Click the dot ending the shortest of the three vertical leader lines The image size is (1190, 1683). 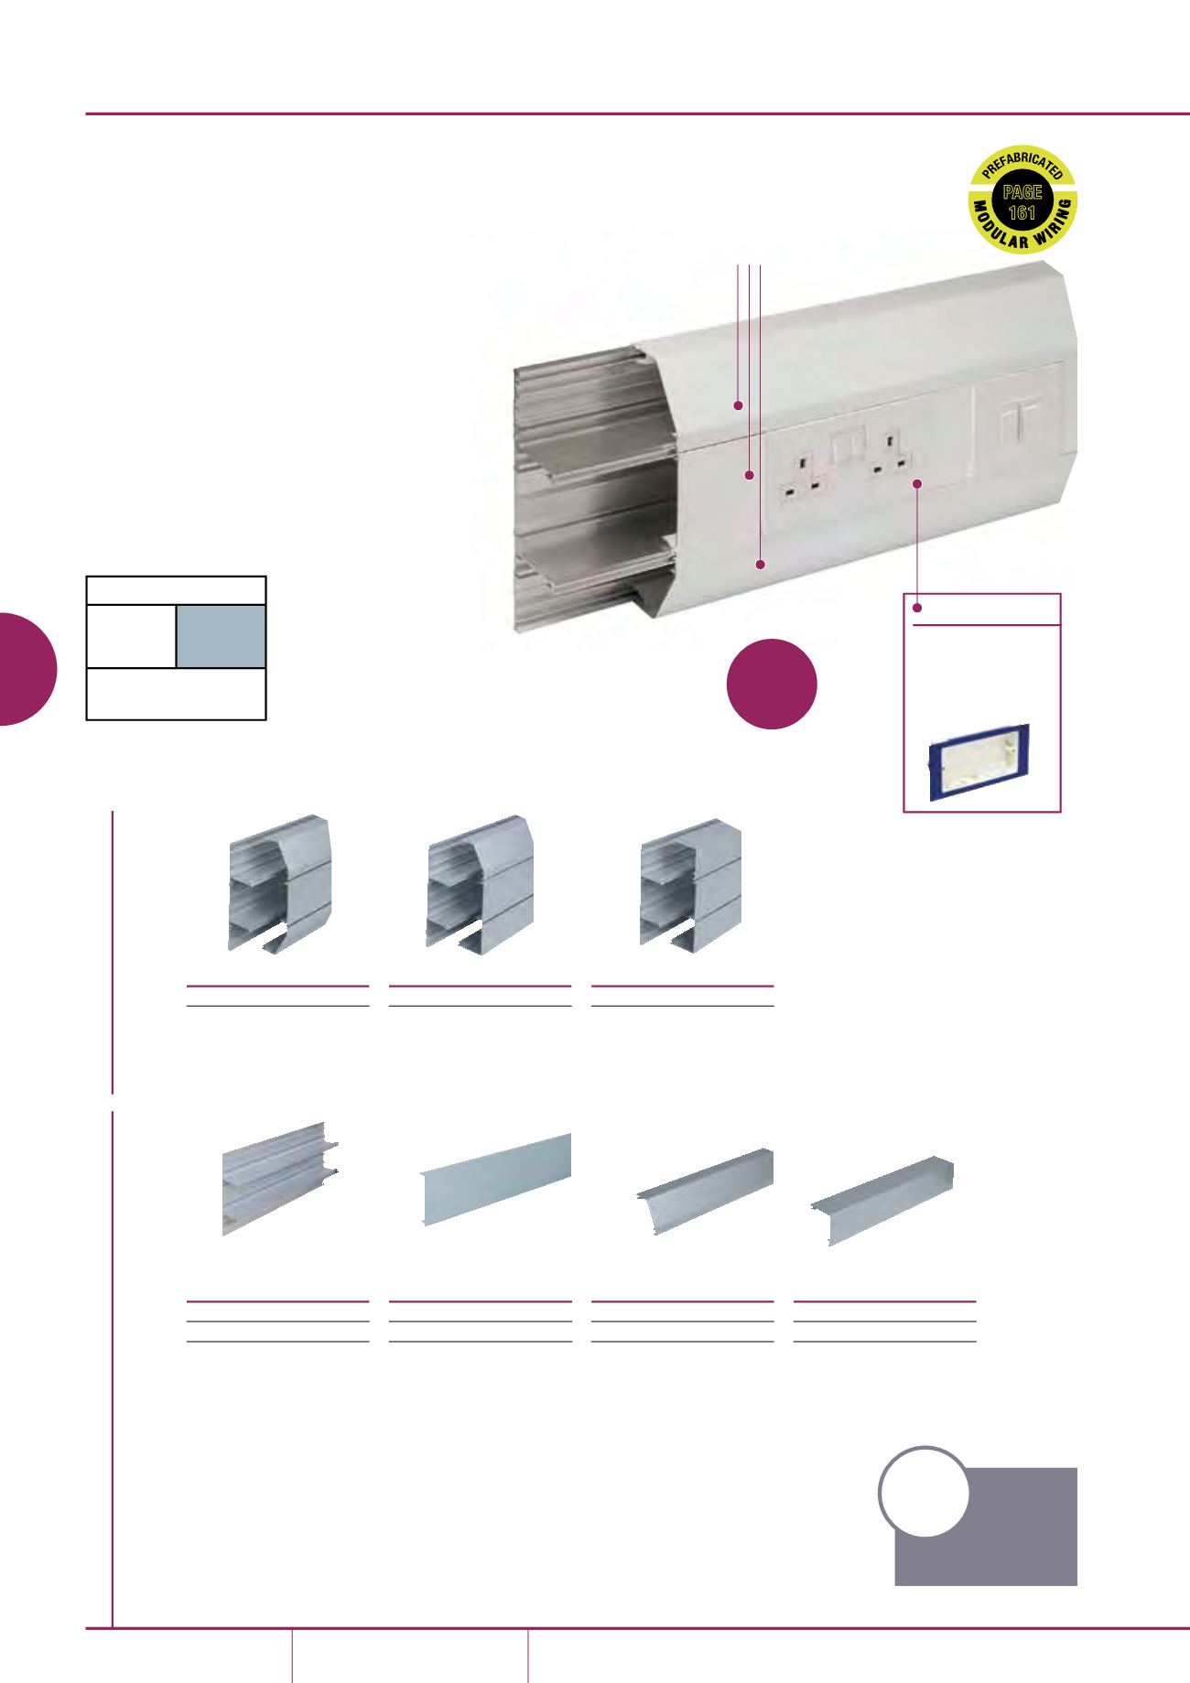(738, 404)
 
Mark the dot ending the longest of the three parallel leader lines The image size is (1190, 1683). (761, 566)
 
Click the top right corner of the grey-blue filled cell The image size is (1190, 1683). (265, 605)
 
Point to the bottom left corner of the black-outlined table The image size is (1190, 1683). (87, 719)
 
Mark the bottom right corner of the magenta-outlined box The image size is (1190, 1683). (1060, 812)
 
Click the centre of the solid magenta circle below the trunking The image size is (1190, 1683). (772, 683)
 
